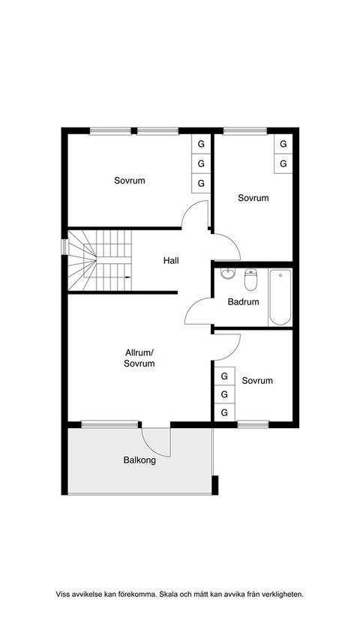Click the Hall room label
click(x=171, y=261)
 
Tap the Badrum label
click(x=243, y=302)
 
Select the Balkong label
click(x=139, y=460)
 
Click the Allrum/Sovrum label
click(x=139, y=358)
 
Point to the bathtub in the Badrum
click(x=280, y=297)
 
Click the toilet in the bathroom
click(x=251, y=279)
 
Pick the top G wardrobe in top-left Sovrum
click(x=201, y=143)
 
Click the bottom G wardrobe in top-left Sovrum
click(x=201, y=183)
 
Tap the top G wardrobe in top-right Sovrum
click(x=283, y=143)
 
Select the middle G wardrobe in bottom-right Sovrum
click(x=223, y=394)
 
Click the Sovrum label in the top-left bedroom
click(x=130, y=181)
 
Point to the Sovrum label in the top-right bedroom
click(x=253, y=198)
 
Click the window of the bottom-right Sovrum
click(x=253, y=424)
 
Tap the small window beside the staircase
click(x=64, y=247)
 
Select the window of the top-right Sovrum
click(x=244, y=131)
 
